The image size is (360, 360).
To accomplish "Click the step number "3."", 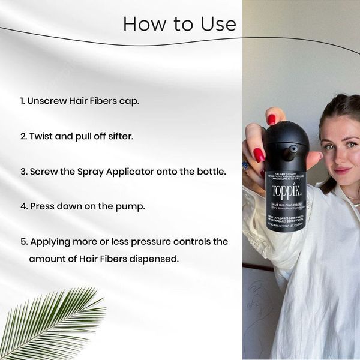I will click(23, 171).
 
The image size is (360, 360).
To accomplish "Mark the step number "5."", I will click(23, 241).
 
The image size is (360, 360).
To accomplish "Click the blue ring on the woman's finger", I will click(246, 166).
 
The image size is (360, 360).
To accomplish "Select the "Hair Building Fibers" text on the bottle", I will click(286, 205).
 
